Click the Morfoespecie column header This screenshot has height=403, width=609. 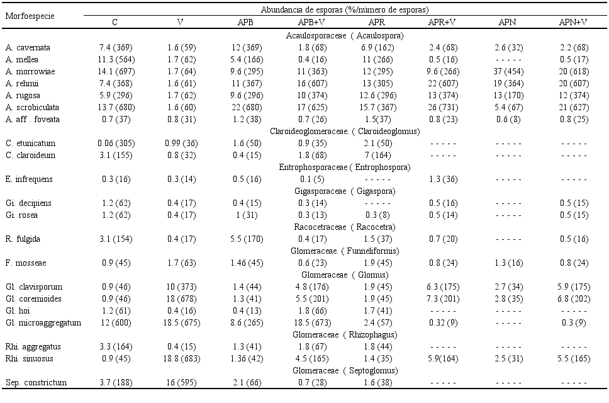pos(30,16)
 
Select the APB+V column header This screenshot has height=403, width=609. pos(311,22)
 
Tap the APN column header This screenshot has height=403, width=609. pos(507,22)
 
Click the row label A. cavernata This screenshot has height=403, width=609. pos(28,48)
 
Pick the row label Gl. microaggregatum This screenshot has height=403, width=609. pos(43,323)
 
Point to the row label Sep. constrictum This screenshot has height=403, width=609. pos(36,383)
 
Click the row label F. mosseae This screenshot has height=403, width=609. pos(26,263)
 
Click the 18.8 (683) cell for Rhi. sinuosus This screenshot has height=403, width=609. pos(182,359)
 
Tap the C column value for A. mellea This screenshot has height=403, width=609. pos(116,60)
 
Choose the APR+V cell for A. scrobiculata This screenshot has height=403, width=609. pos(444,108)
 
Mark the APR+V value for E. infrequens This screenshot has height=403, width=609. pos(444,179)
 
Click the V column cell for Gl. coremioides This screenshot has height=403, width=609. pos(182,299)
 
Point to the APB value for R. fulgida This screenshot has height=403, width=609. pos(247,239)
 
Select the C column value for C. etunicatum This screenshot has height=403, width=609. pos(116,144)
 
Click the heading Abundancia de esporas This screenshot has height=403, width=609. pos(345,9)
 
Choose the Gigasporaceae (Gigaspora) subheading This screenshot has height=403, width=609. pos(345,191)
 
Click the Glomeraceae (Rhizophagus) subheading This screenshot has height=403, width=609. pos(345,335)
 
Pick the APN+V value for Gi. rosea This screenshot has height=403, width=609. pos(574,215)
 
